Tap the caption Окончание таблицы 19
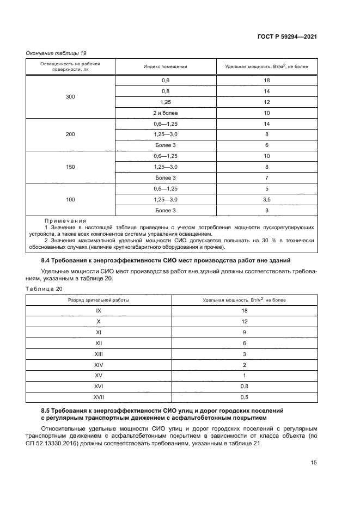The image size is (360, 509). (x=56, y=53)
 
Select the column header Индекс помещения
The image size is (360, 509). (x=166, y=66)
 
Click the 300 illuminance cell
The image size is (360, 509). (x=70, y=96)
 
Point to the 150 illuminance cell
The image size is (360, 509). (x=70, y=167)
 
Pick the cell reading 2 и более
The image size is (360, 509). (x=166, y=113)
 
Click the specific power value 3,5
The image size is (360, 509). (x=267, y=199)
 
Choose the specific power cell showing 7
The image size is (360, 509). (x=267, y=178)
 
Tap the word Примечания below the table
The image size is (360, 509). (x=65, y=220)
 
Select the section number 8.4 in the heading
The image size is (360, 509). (x=46, y=260)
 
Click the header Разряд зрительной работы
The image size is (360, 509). (x=99, y=300)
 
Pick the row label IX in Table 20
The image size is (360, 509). (x=99, y=310)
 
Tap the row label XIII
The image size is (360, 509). (x=99, y=354)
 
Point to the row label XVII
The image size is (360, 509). (x=99, y=397)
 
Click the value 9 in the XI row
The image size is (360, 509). (x=245, y=332)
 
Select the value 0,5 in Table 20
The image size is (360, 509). (x=245, y=397)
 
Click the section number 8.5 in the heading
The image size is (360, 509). (x=46, y=409)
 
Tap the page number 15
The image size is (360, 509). (x=314, y=463)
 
